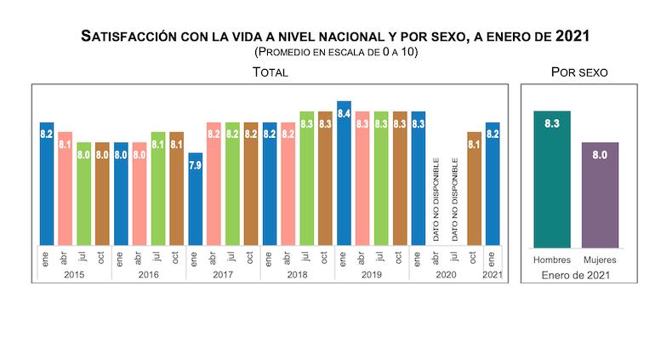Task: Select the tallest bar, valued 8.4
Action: (x=344, y=174)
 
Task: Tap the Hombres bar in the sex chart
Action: (x=551, y=179)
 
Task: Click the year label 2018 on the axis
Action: (x=297, y=274)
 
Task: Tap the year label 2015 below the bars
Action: (x=74, y=274)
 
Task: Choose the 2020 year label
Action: (x=446, y=274)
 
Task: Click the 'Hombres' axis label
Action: (x=551, y=259)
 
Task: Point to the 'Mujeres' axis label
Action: (x=600, y=259)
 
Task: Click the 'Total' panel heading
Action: (x=270, y=72)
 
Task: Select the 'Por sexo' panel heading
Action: (x=579, y=72)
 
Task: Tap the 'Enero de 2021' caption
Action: (x=576, y=274)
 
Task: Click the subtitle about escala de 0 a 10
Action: (x=336, y=52)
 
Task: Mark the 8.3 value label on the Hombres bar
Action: (x=551, y=124)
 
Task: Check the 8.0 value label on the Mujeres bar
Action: (x=600, y=155)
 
